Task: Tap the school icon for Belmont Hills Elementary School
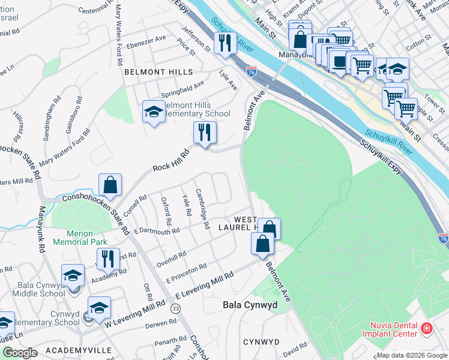pyautogui.click(x=154, y=112)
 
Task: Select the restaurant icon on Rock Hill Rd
pyautogui.click(x=205, y=133)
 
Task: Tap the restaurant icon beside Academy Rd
pyautogui.click(x=108, y=259)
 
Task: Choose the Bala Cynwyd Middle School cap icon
pyautogui.click(x=73, y=276)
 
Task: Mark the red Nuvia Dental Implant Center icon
pyautogui.click(x=426, y=329)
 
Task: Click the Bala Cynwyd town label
pyautogui.click(x=250, y=305)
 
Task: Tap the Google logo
pyautogui.click(x=20, y=353)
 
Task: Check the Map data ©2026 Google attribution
pyautogui.click(x=411, y=355)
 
